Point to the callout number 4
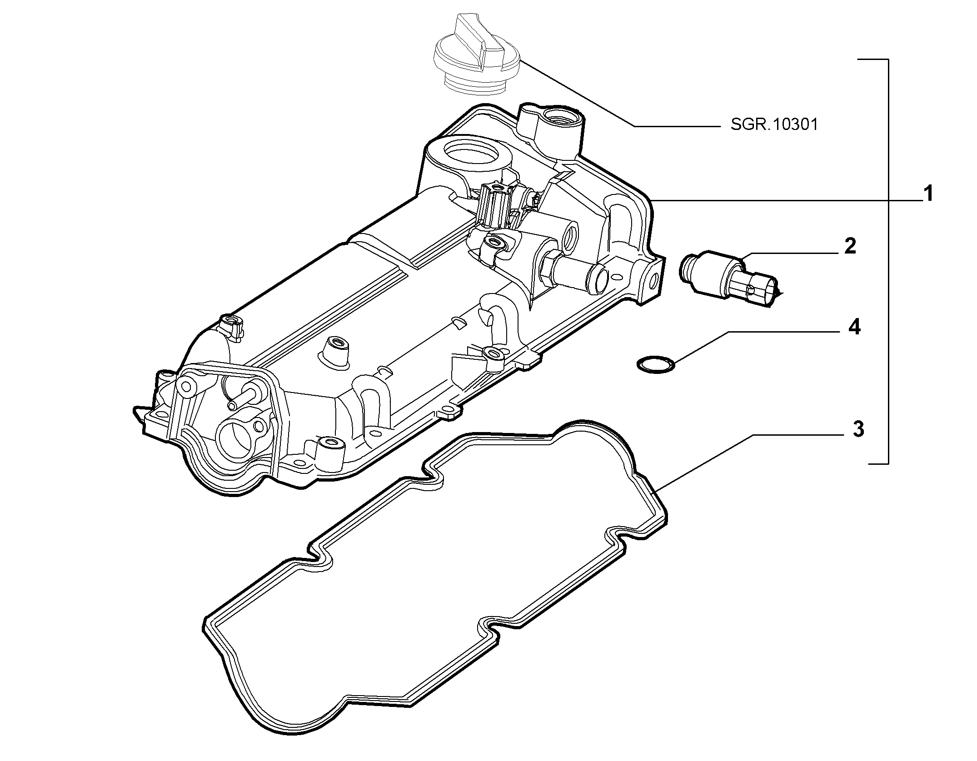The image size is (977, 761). [854, 327]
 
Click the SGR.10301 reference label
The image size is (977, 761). [774, 124]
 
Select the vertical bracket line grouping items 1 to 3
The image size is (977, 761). [887, 261]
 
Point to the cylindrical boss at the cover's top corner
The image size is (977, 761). [552, 121]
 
